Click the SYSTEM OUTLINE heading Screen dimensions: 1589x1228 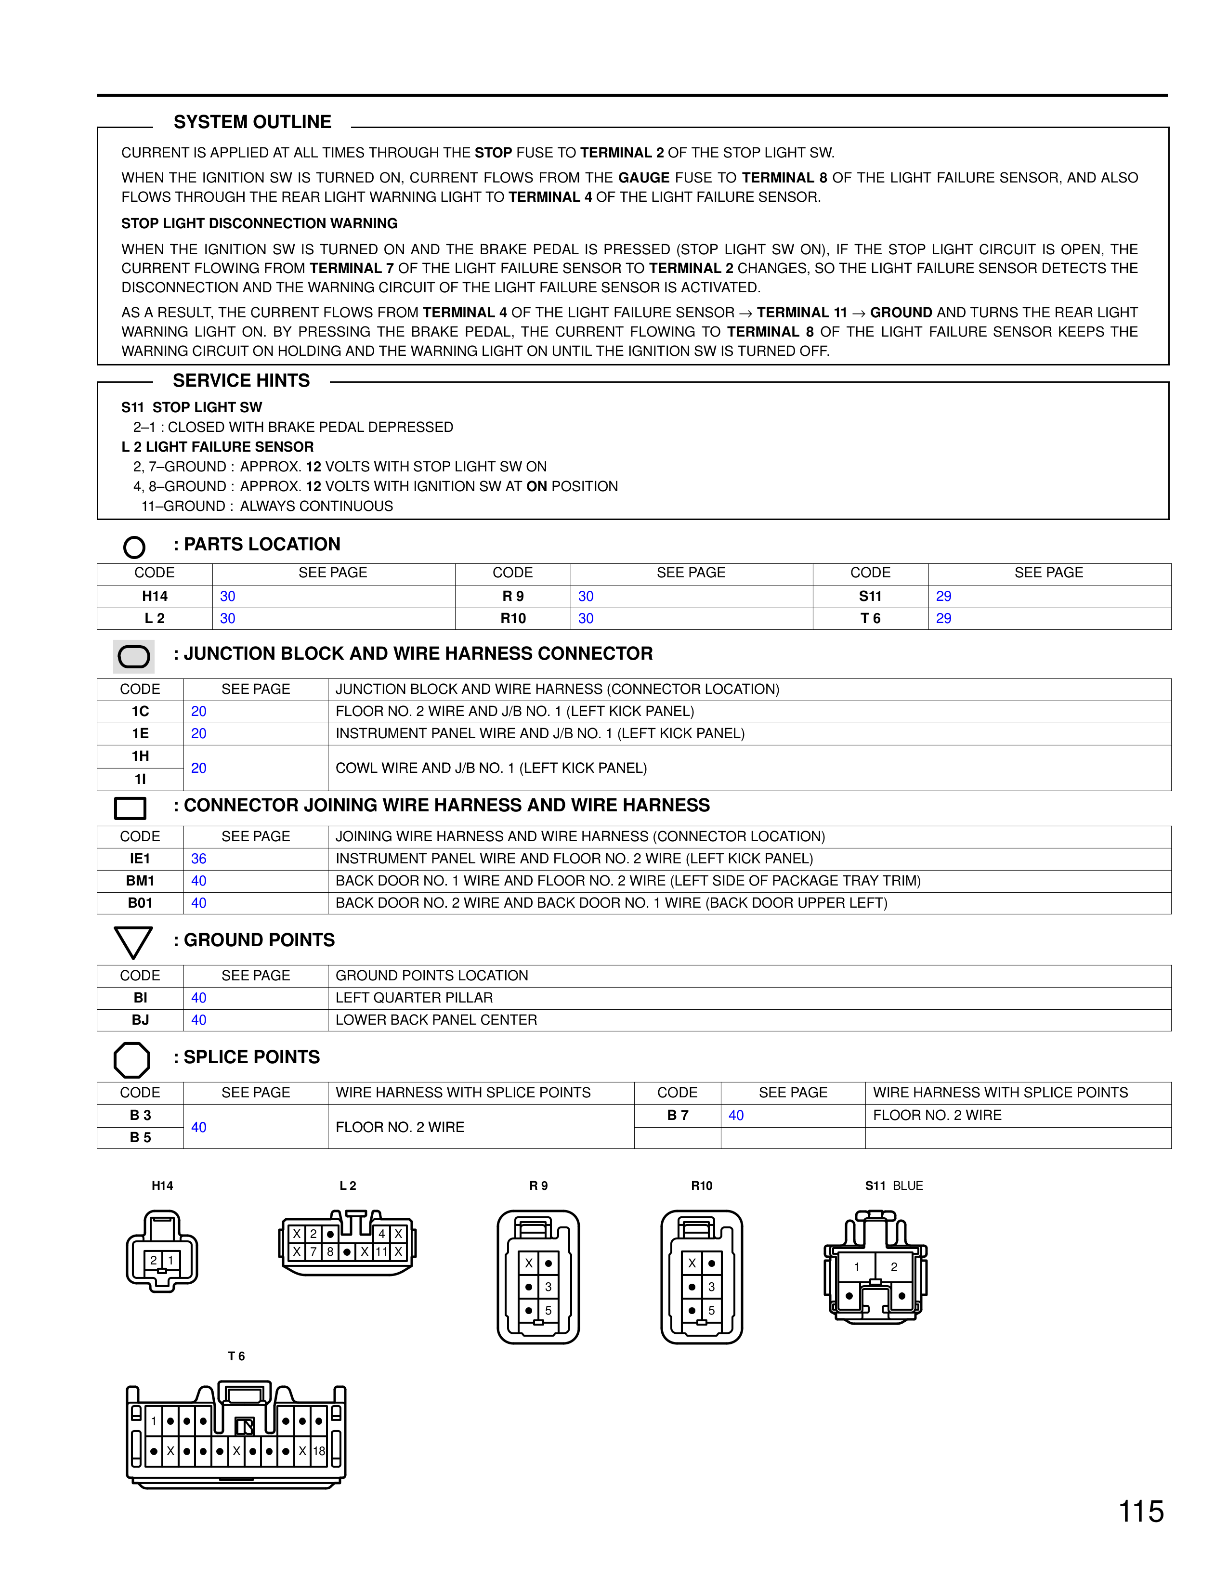point(252,122)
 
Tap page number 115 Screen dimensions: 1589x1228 point(1141,1511)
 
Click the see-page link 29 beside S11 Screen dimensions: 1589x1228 point(943,597)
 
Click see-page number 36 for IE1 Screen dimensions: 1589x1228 point(198,859)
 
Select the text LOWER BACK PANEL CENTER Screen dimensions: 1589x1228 point(436,1020)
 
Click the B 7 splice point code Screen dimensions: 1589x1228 point(677,1115)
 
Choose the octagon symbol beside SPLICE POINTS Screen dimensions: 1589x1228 point(131,1060)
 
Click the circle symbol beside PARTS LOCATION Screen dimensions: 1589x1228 point(134,547)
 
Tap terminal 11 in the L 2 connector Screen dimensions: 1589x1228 point(381,1252)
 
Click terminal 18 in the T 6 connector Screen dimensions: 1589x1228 point(319,1451)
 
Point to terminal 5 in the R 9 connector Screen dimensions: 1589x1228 point(549,1310)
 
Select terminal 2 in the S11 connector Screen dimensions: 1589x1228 point(894,1267)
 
